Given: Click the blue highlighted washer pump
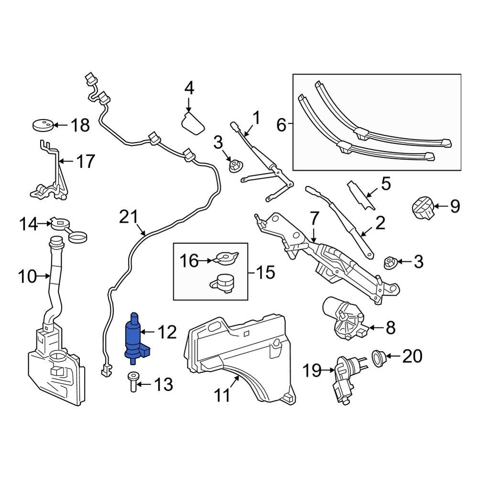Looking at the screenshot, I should point(134,337).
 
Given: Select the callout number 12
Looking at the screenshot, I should point(167,332).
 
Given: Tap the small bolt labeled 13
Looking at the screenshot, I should point(132,383).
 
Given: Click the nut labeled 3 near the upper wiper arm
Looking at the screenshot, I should point(235,166).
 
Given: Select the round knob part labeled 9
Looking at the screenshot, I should point(422,207).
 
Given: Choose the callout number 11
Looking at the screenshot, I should point(222,395).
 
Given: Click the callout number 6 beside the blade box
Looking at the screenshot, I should point(281,126).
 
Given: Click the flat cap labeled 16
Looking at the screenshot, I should point(224,259).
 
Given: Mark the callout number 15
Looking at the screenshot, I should point(263,273).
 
